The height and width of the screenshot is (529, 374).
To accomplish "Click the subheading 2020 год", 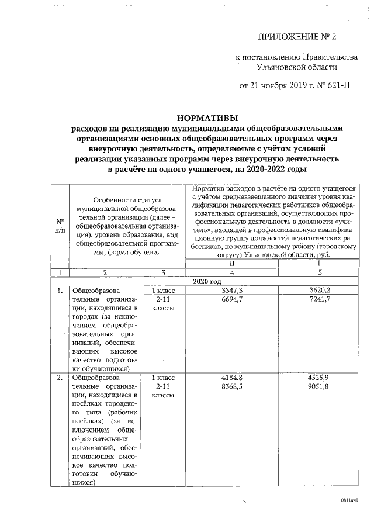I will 207,281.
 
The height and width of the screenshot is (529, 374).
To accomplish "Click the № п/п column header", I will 60,226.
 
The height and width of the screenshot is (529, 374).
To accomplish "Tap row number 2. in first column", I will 60,378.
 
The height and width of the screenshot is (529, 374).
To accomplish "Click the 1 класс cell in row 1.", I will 163,289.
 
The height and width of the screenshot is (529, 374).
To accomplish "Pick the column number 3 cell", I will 163,272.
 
